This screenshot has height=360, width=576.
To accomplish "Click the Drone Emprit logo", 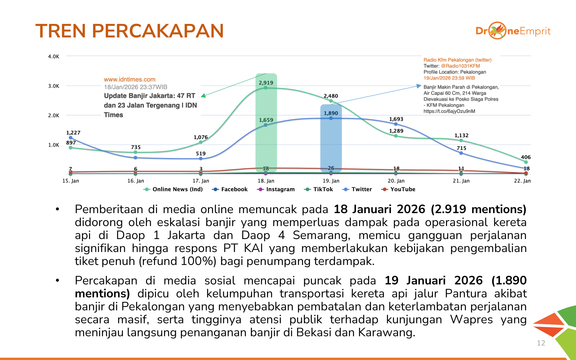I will [x=513, y=31].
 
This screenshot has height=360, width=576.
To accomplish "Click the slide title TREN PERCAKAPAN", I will [x=130, y=31].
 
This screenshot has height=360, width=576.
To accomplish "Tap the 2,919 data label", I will [x=266, y=83].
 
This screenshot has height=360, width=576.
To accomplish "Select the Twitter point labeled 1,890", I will [x=331, y=118].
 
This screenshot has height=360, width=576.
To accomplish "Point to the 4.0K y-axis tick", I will [x=54, y=56].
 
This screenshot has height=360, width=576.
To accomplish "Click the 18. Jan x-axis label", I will [x=266, y=181].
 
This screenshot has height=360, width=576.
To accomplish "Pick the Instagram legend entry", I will [x=276, y=189].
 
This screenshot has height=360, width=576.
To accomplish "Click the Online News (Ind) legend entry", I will [x=173, y=189].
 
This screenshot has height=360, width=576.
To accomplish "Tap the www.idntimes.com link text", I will [x=130, y=79].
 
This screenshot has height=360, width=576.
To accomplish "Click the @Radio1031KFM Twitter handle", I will [x=460, y=66].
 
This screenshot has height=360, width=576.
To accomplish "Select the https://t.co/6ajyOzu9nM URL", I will [x=449, y=111].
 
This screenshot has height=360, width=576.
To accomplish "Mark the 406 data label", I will [x=526, y=157].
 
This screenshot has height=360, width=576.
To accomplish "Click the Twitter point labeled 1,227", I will [x=71, y=138].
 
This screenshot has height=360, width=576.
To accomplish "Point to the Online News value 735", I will [x=136, y=147].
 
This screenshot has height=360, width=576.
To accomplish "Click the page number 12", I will [x=541, y=343].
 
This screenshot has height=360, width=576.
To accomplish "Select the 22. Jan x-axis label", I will [x=522, y=181].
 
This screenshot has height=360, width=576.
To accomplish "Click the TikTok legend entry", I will [x=319, y=189].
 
